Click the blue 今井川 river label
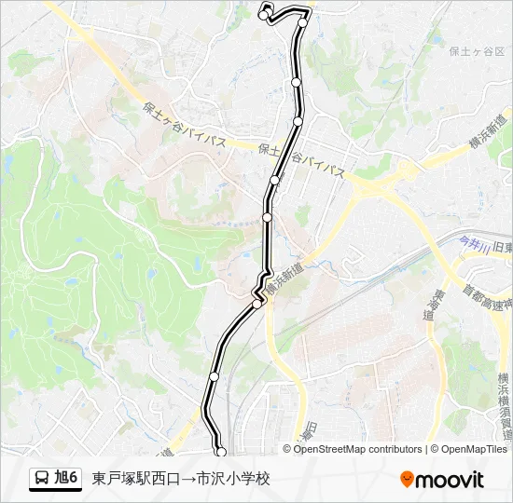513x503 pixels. (x=474, y=243)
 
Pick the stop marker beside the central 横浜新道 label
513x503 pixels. (x=256, y=303)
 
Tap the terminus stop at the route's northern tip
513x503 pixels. (x=263, y=13)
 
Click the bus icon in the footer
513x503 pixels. (x=42, y=478)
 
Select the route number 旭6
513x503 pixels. (x=66, y=478)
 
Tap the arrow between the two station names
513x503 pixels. (x=188, y=478)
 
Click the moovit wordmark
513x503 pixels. (x=451, y=479)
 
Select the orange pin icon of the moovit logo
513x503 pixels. (x=407, y=479)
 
